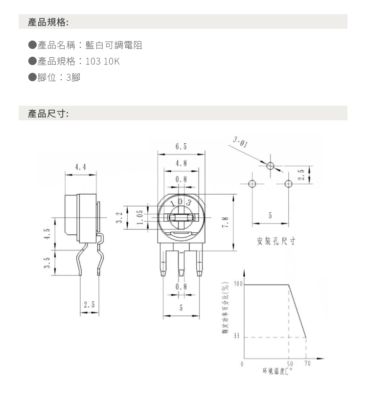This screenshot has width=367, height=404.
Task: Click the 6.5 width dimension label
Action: tap(181, 147)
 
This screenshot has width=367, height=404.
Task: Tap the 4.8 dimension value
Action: tap(181, 163)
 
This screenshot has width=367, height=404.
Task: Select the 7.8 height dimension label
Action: tap(225, 222)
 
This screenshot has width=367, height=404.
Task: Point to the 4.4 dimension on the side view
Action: tap(80, 167)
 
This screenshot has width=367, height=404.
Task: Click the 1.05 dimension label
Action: tap(140, 218)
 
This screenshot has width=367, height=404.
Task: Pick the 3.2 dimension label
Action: tap(119, 218)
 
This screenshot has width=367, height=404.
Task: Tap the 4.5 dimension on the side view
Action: tap(47, 234)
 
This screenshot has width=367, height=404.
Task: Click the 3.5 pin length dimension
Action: tap(47, 263)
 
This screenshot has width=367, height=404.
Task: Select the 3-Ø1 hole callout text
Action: tap(240, 142)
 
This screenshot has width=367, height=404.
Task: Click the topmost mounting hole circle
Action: tap(270, 165)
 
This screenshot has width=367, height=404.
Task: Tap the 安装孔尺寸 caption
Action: tap(276, 241)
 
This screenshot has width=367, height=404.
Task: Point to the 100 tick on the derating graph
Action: tap(238, 284)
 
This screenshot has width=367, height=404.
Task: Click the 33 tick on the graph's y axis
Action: tap(236, 336)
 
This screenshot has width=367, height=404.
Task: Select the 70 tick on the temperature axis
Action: tap(307, 363)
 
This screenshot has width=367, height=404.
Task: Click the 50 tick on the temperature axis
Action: tap(290, 364)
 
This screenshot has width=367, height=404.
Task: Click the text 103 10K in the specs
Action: tap(103, 61)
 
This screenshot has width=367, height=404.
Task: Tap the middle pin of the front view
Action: tap(182, 260)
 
